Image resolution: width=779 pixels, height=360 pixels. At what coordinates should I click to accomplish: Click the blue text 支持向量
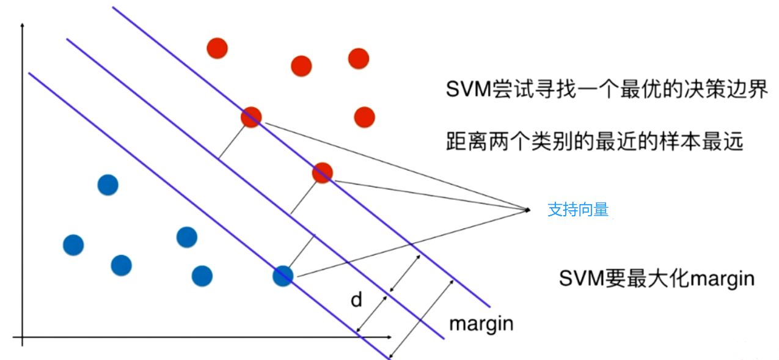(578, 210)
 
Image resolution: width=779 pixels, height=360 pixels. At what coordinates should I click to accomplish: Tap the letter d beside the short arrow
(356, 300)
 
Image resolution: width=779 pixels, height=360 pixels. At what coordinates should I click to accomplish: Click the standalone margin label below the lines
(481, 323)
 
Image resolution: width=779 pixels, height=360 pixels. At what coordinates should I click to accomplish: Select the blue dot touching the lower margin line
(283, 276)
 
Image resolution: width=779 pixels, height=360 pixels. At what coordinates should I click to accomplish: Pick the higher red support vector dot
(251, 117)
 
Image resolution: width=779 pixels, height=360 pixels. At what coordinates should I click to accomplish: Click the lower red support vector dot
(322, 174)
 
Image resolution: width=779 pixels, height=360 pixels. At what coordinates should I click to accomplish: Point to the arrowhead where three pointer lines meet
(528, 210)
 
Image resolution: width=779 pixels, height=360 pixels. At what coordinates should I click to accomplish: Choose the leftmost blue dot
(73, 245)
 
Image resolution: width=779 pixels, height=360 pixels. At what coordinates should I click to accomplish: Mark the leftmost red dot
(217, 48)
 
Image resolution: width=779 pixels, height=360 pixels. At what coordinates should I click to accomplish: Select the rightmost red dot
(364, 117)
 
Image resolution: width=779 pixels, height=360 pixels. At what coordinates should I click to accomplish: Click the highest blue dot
(108, 184)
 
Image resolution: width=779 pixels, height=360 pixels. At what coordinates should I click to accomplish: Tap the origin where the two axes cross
(22, 337)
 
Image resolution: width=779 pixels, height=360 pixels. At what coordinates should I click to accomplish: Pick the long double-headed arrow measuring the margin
(422, 318)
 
